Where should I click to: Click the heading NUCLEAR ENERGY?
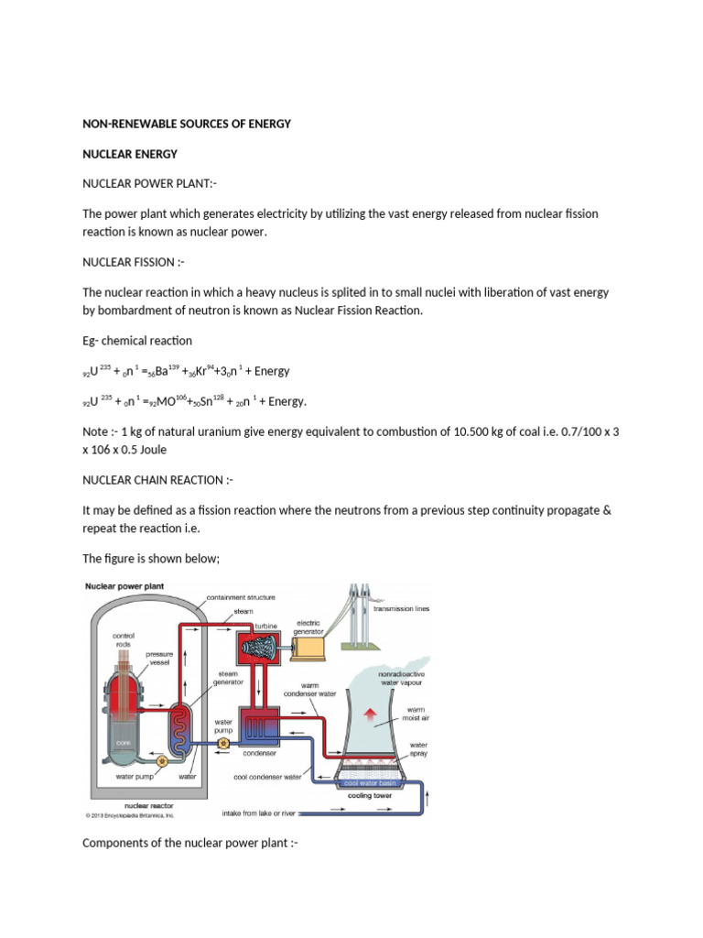tap(129, 154)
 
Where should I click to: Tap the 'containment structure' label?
tap(242, 597)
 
